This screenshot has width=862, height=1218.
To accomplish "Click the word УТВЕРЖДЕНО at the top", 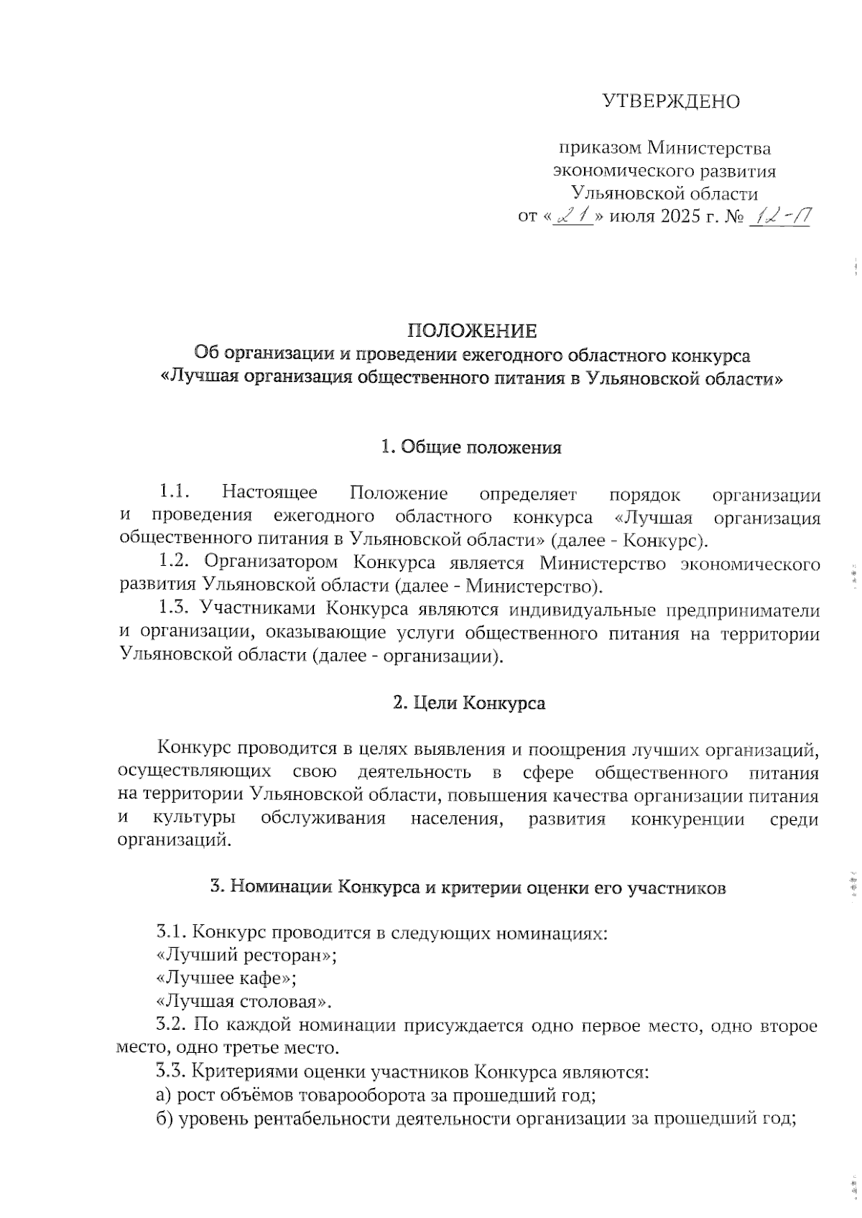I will (x=670, y=101).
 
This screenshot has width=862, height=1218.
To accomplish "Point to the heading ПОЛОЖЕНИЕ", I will (x=472, y=331).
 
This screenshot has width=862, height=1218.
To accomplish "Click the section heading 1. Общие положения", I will (x=471, y=447).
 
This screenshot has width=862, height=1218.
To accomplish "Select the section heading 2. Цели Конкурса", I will (x=469, y=702).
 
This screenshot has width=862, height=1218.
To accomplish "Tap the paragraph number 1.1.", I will (x=174, y=493).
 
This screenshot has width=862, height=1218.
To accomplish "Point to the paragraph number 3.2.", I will (x=172, y=1026).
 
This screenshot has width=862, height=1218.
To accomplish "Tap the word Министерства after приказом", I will (x=709, y=149).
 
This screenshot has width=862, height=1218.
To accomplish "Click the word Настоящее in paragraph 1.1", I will (x=270, y=493).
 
